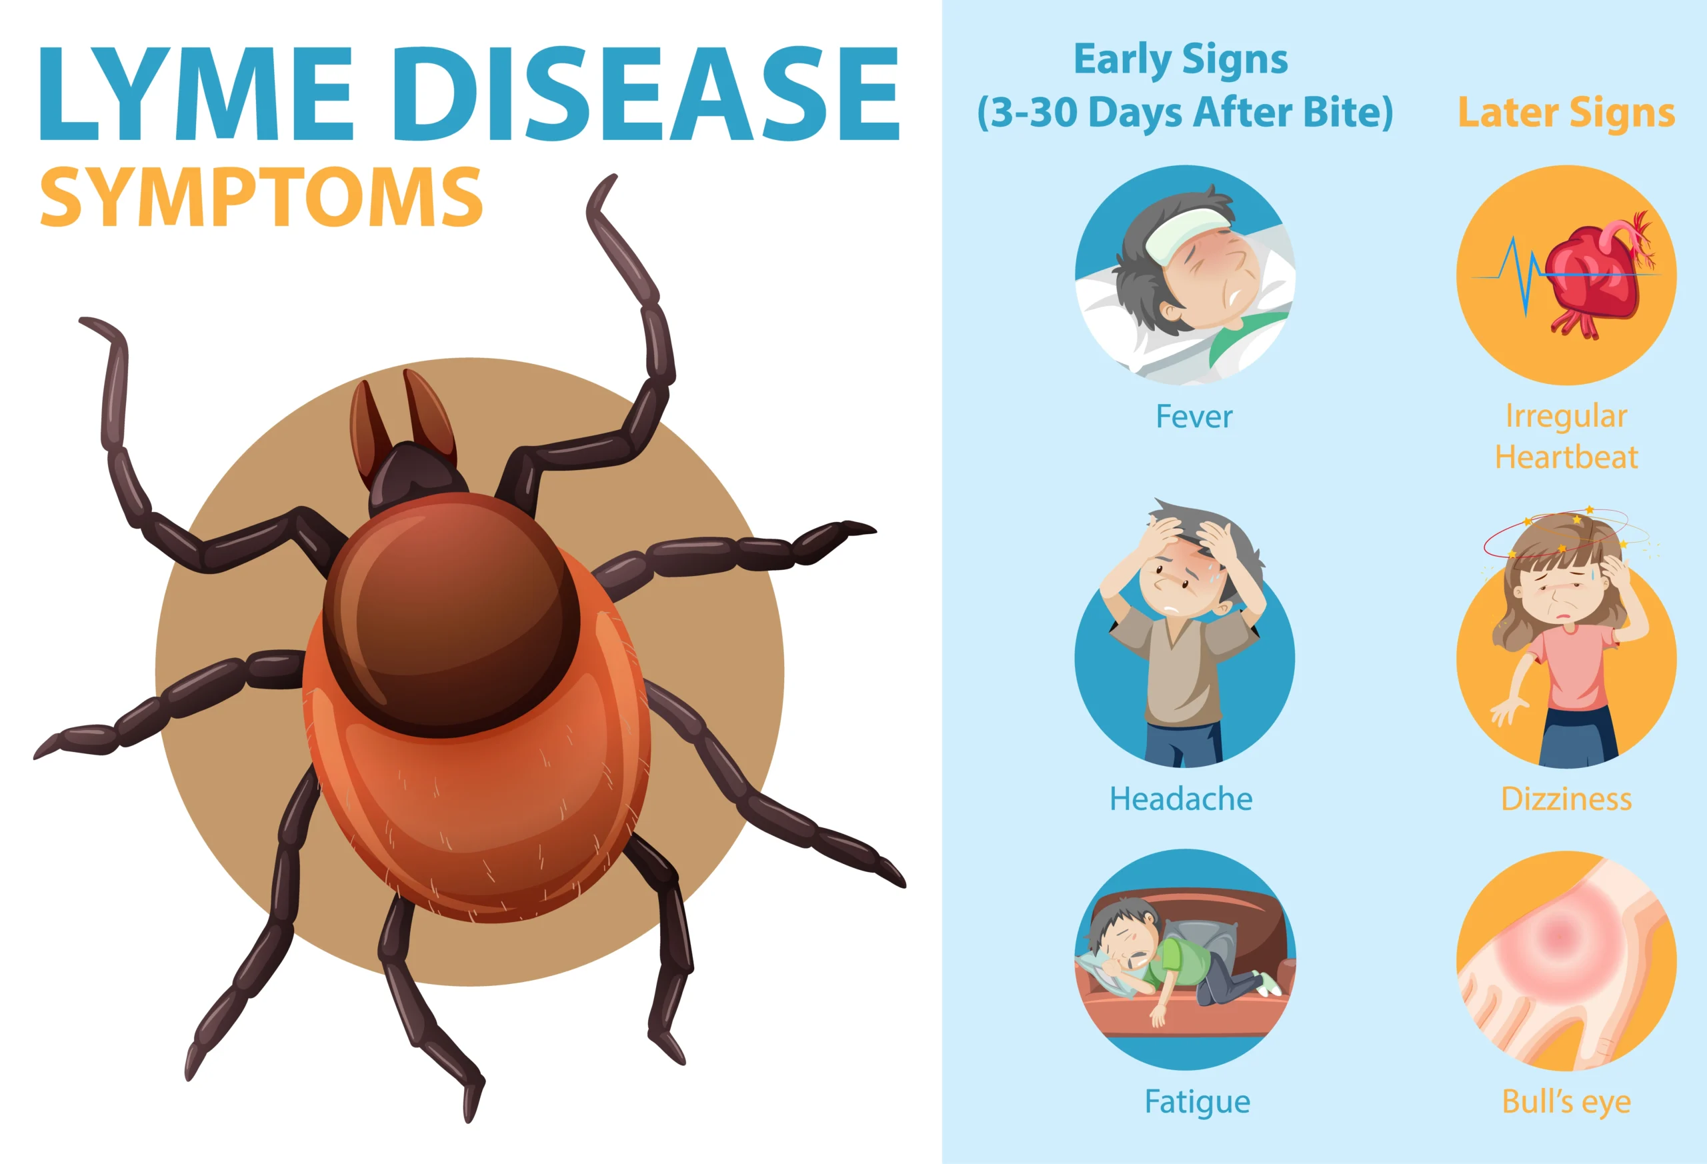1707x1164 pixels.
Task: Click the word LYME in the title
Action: click(x=195, y=93)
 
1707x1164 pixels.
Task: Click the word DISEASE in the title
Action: click(x=646, y=93)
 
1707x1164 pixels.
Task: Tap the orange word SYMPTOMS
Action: click(x=261, y=196)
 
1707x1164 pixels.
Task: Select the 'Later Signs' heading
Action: click(x=1566, y=113)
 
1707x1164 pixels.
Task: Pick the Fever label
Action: click(x=1194, y=417)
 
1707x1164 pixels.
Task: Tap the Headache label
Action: click(x=1181, y=798)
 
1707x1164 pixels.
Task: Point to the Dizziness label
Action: click(x=1566, y=798)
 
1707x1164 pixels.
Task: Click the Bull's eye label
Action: click(x=1566, y=1101)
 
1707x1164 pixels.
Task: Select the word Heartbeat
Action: click(x=1566, y=457)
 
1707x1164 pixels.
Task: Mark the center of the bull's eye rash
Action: click(x=1556, y=937)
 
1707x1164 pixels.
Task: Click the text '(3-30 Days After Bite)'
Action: click(x=1185, y=113)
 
